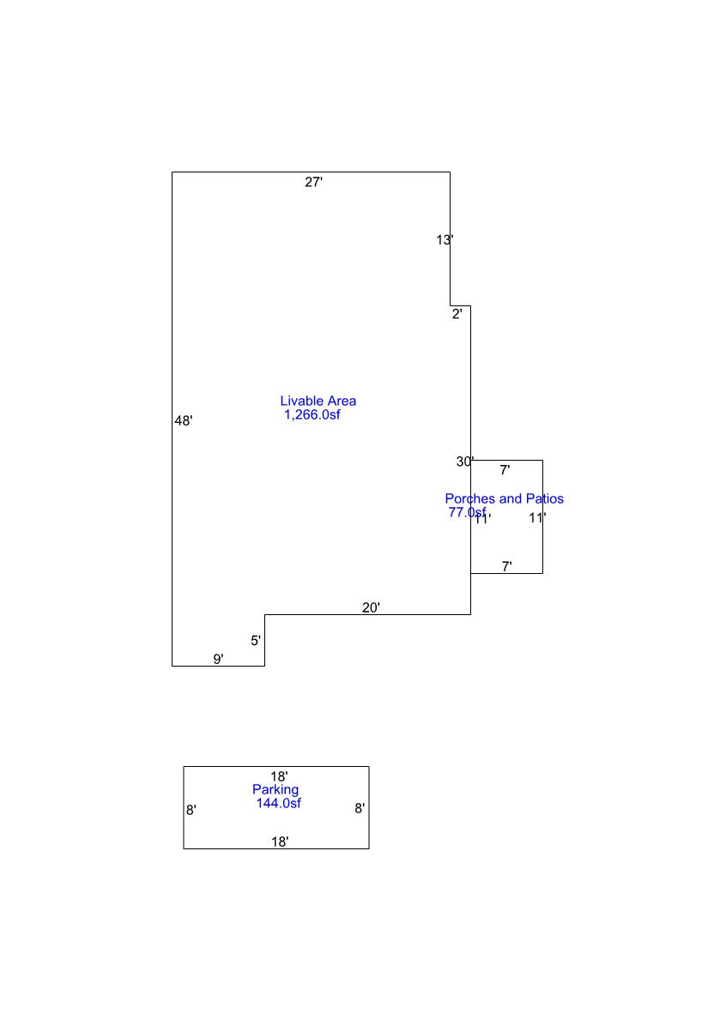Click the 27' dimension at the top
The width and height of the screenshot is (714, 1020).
[314, 182]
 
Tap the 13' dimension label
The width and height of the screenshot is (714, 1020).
[444, 240]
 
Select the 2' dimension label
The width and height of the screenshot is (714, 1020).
[457, 314]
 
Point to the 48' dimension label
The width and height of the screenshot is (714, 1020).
[184, 421]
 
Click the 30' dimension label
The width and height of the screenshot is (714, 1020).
[465, 462]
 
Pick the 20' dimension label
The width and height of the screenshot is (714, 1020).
[371, 608]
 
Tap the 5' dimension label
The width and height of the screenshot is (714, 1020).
[256, 641]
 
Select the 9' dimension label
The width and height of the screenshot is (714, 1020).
[219, 660]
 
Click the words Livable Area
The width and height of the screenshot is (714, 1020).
[318, 401]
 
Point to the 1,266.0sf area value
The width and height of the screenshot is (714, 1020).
[313, 415]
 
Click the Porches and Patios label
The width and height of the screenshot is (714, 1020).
[504, 498]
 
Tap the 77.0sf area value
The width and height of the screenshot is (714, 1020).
[466, 512]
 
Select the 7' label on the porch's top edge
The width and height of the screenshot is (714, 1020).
[505, 470]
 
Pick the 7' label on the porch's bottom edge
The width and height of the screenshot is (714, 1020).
[507, 566]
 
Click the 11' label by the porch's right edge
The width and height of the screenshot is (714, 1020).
[537, 518]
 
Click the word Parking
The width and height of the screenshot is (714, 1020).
[275, 789]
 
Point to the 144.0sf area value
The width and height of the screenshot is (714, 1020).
[278, 803]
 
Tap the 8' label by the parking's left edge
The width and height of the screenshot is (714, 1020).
[191, 810]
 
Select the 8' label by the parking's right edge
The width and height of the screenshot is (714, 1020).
[360, 808]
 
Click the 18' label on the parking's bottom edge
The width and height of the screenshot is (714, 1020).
[280, 842]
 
